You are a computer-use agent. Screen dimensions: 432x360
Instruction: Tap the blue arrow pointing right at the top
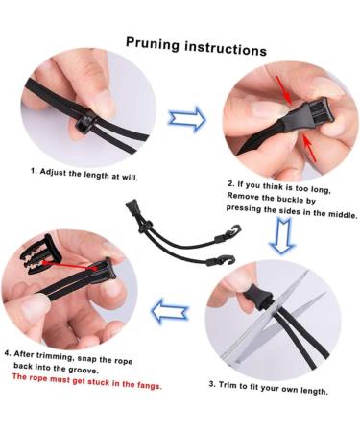point(187,119)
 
